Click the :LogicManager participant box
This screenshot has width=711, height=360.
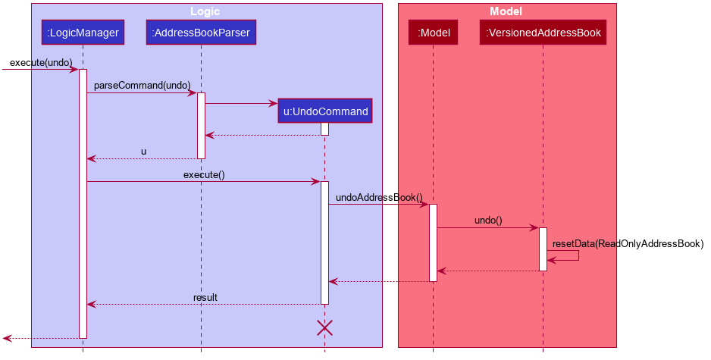pos(83,33)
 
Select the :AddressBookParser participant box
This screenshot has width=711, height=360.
pos(201,33)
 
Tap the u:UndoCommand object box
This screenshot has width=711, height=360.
pos(325,111)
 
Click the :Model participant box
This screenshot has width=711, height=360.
pos(434,33)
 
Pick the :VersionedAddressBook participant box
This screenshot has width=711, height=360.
pos(543,33)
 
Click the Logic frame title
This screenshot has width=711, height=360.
pos(206,11)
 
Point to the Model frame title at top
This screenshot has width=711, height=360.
pos(506,11)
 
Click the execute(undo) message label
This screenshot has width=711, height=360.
pos(41,62)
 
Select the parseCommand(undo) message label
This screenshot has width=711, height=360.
pos(142,86)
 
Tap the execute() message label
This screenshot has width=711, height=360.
pos(203,175)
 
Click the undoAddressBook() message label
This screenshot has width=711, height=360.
pos(379,198)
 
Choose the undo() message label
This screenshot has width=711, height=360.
pos(488,221)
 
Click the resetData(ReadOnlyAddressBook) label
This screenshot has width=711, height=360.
pos(628,243)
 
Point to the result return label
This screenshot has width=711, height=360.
pos(205,297)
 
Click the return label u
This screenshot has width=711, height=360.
pos(143,152)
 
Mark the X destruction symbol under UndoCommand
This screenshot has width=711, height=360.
pos(324,327)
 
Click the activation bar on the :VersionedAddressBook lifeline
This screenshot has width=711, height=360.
pos(543,249)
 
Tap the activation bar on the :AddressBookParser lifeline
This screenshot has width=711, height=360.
pos(201,125)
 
